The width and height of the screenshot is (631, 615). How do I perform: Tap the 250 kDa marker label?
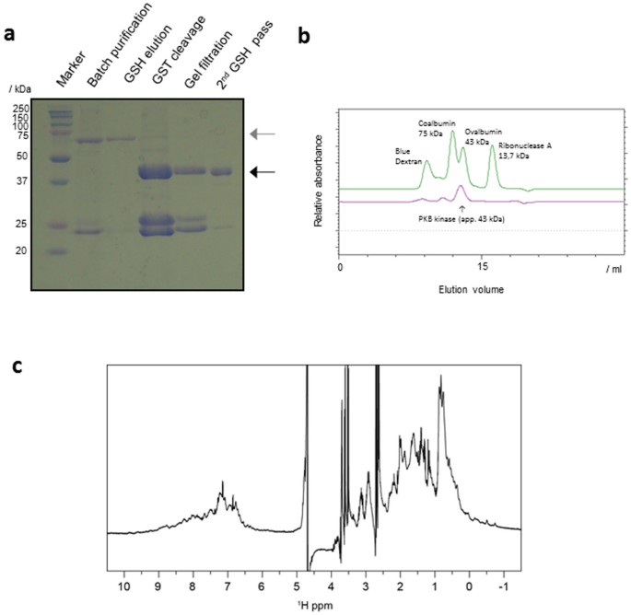20,109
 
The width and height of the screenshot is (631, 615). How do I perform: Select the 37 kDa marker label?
22,180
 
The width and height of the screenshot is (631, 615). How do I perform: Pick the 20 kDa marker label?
22,249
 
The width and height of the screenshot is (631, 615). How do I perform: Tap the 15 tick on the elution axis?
480,268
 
